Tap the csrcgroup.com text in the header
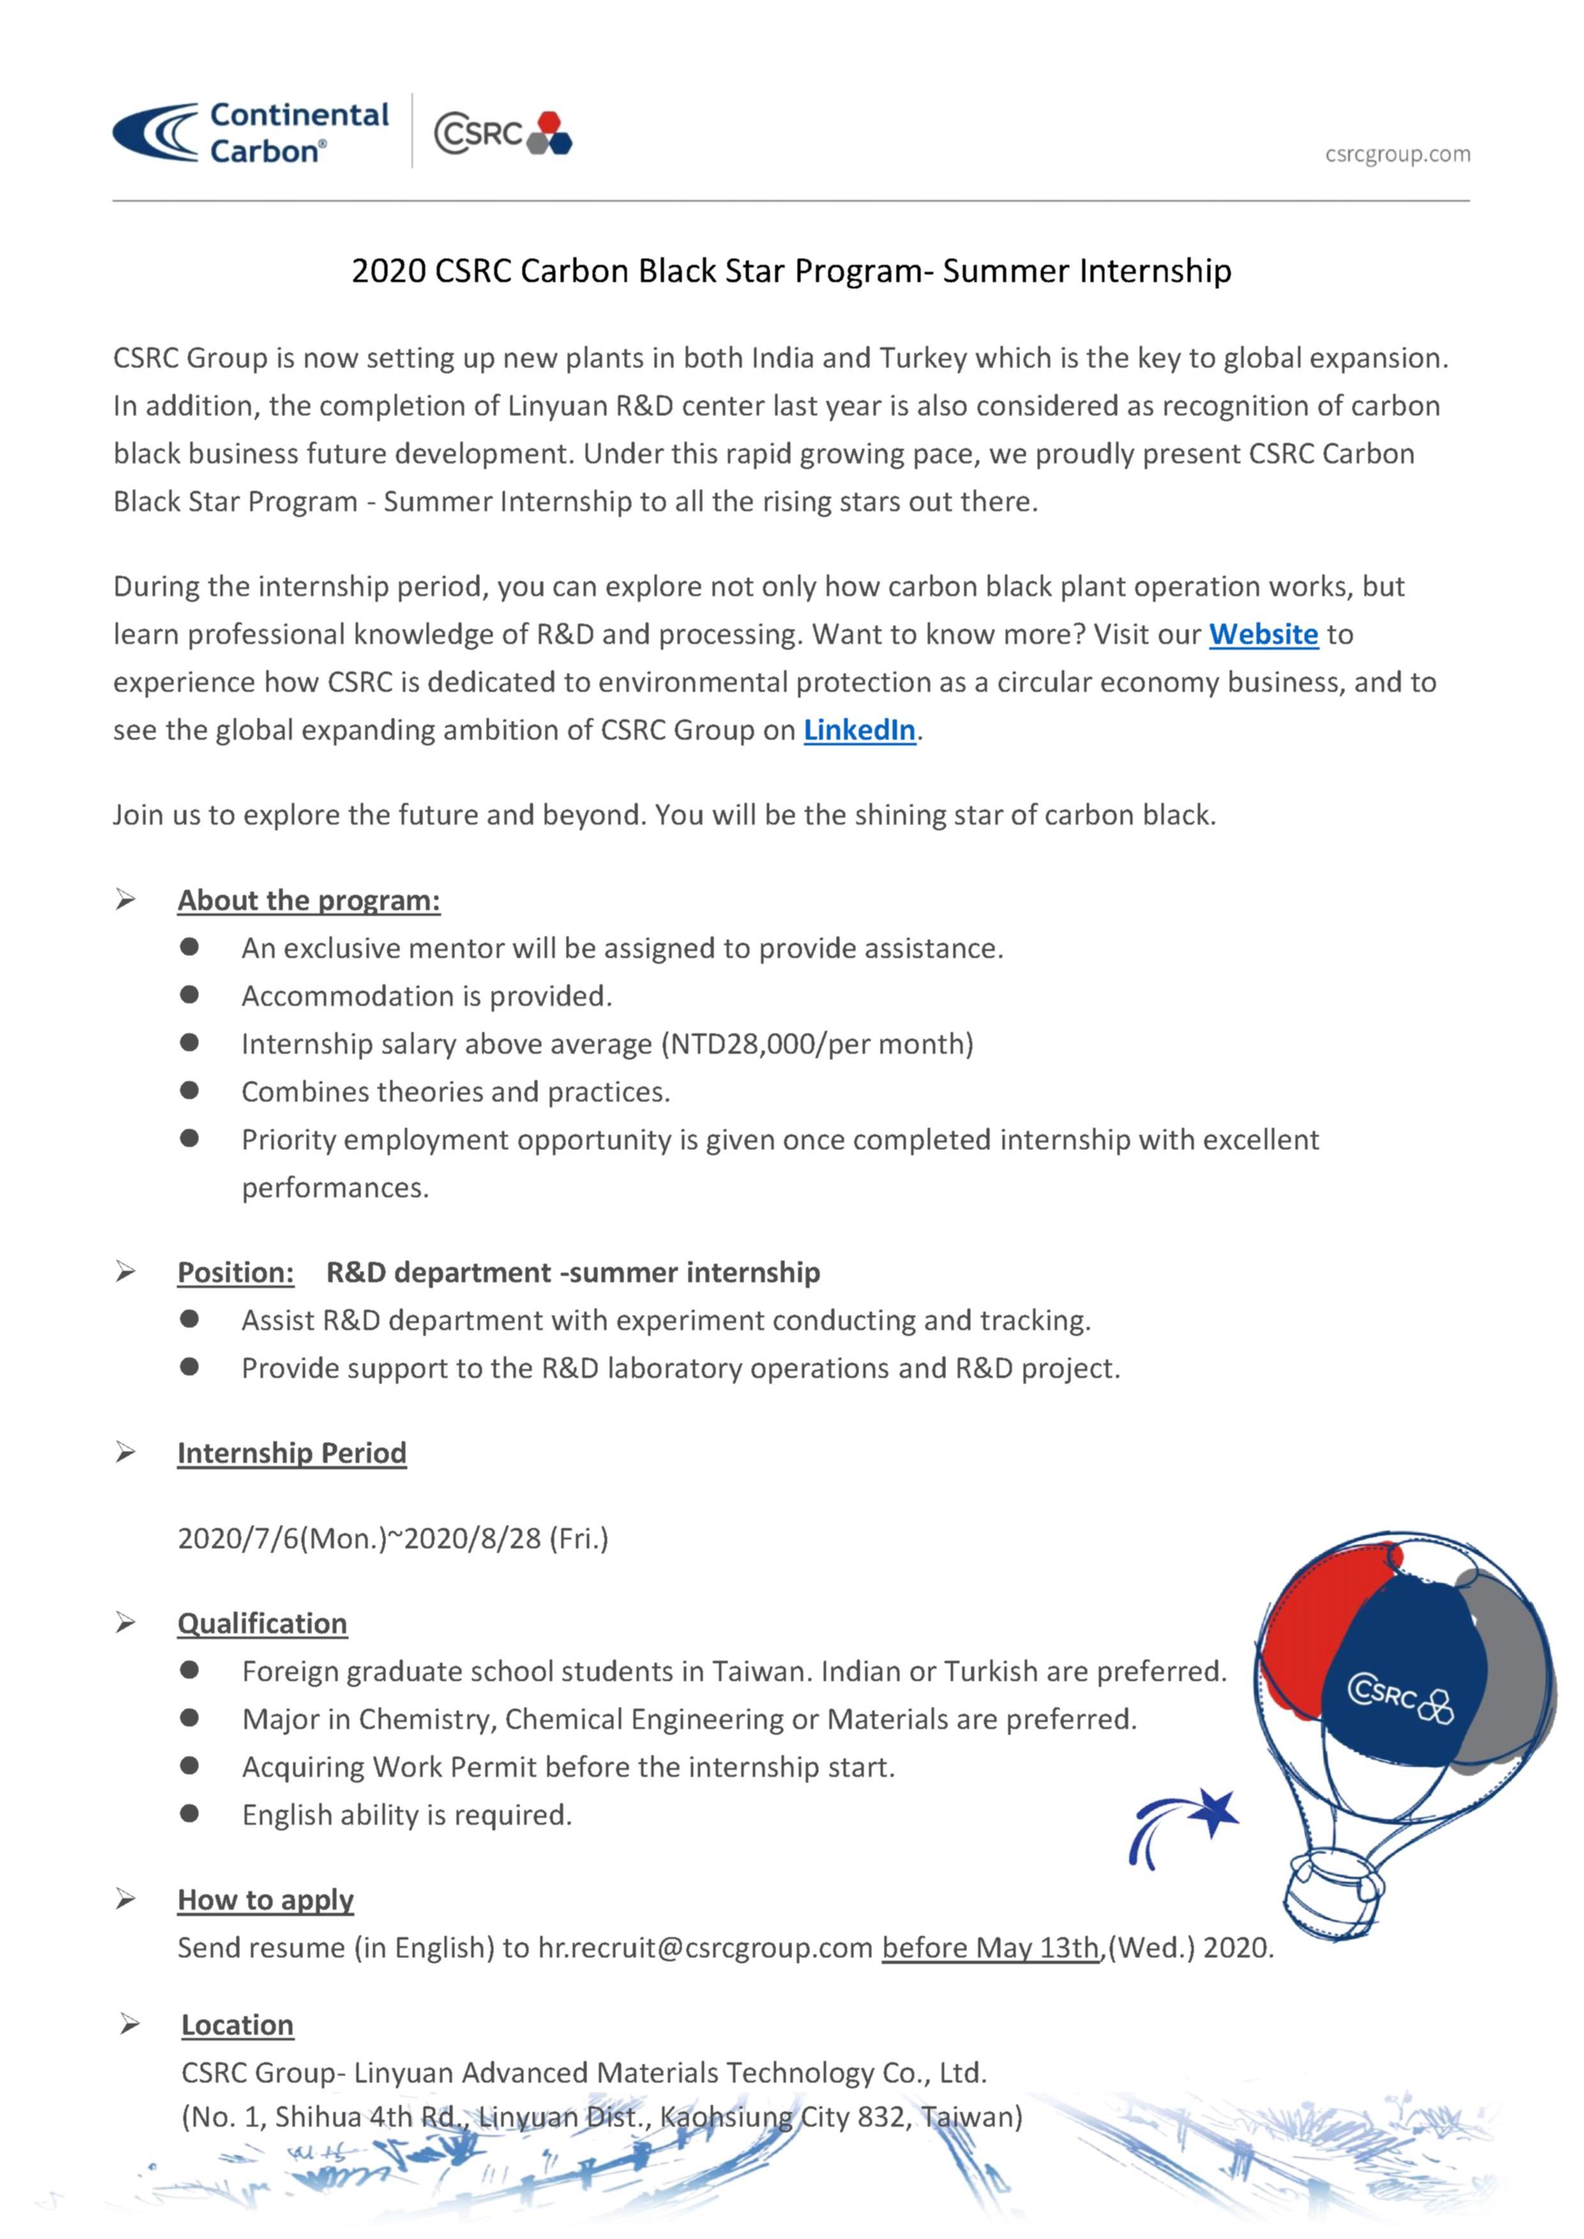[1397, 154]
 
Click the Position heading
[235, 1273]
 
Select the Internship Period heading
[292, 1453]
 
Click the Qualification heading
[262, 1624]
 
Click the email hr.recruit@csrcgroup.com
[705, 1949]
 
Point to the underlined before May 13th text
[990, 1949]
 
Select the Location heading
[237, 2025]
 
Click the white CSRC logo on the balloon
[1399, 1700]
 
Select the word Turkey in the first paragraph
[923, 359]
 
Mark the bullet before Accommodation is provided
[189, 994]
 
